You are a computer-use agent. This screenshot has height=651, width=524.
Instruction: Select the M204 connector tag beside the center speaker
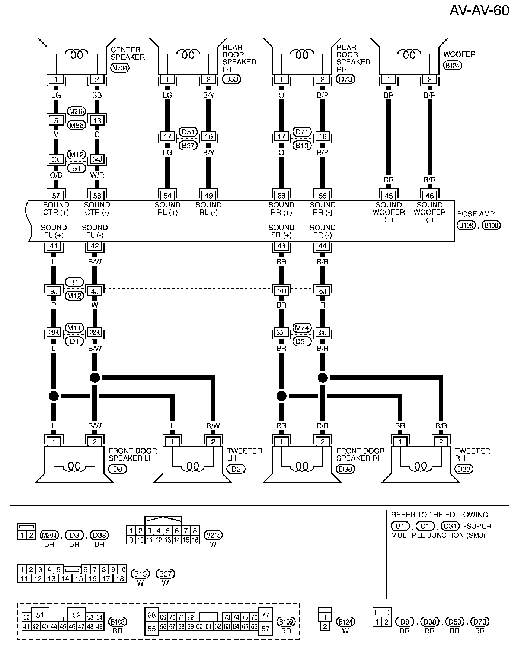[x=120, y=68]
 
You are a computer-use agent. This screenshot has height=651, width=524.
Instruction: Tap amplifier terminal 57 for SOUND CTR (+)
[x=56, y=196]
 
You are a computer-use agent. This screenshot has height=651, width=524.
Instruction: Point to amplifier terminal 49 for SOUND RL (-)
[x=208, y=196]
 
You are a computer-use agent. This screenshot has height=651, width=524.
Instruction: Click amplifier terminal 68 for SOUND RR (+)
[x=281, y=196]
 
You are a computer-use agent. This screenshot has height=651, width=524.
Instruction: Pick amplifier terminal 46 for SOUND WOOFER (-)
[x=429, y=196]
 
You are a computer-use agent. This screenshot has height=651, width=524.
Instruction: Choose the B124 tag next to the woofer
[x=453, y=66]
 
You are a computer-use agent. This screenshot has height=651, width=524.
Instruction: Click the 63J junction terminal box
[x=56, y=160]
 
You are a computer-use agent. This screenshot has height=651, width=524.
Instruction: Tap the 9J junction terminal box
[x=54, y=291]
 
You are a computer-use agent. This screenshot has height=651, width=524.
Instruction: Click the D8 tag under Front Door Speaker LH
[x=117, y=469]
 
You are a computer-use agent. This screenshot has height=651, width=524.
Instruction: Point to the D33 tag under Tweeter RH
[x=464, y=469]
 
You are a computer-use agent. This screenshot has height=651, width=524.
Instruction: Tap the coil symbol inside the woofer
[x=409, y=54]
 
